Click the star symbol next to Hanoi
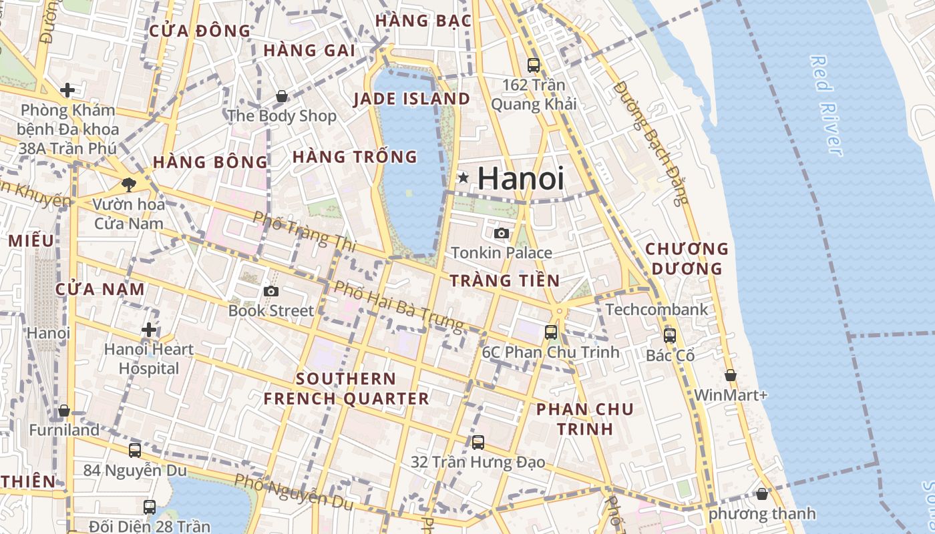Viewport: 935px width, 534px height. (x=463, y=178)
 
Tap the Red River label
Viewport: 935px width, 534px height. (x=826, y=105)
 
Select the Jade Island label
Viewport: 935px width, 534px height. (x=411, y=99)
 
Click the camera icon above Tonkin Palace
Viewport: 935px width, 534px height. (x=502, y=233)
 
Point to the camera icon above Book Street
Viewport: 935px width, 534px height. (x=270, y=291)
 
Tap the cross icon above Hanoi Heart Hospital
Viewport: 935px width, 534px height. (x=149, y=329)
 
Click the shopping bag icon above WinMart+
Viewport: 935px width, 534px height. (x=731, y=375)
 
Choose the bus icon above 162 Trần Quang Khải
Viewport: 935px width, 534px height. (x=534, y=65)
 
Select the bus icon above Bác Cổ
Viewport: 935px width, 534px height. (x=670, y=336)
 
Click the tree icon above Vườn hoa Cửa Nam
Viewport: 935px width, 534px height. (x=129, y=184)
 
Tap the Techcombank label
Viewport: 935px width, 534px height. (x=657, y=310)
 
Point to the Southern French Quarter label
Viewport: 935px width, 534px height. (x=346, y=388)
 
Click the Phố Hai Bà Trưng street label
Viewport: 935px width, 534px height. (x=398, y=306)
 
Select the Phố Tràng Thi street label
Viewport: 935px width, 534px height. (x=304, y=231)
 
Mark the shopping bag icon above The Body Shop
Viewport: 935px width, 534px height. (x=282, y=96)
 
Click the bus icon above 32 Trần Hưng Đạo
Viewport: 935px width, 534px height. (x=478, y=442)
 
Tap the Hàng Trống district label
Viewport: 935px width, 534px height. (x=355, y=157)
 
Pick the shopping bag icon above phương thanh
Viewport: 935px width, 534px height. (x=762, y=494)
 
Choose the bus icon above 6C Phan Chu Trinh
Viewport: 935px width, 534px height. (x=551, y=332)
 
